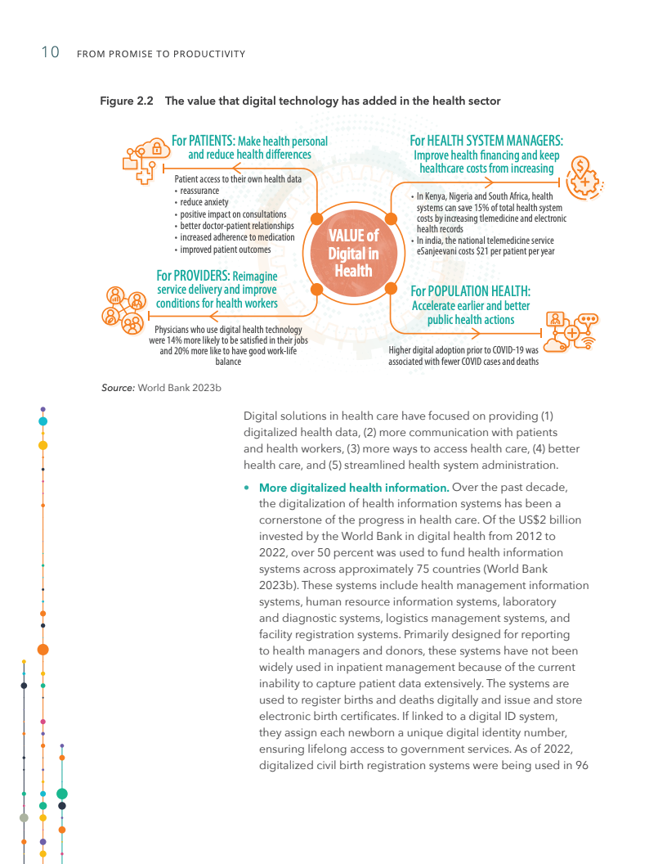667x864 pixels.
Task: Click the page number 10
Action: pyautogui.click(x=50, y=53)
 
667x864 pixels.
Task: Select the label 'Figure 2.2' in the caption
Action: pyautogui.click(x=127, y=101)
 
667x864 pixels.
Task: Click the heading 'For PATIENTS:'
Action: pyautogui.click(x=203, y=141)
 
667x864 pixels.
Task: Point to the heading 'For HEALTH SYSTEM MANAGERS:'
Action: pyautogui.click(x=486, y=141)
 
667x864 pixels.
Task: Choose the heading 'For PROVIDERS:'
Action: pyautogui.click(x=193, y=276)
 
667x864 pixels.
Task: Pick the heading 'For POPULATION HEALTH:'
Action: pyautogui.click(x=470, y=291)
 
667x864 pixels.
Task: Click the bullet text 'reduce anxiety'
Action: pyautogui.click(x=204, y=202)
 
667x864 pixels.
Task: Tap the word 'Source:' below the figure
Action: pyautogui.click(x=118, y=388)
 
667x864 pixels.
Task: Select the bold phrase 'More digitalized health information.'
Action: pyautogui.click(x=353, y=488)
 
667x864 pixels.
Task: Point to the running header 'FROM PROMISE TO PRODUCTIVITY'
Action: pyautogui.click(x=160, y=54)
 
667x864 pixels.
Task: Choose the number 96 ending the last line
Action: pyautogui.click(x=581, y=765)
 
